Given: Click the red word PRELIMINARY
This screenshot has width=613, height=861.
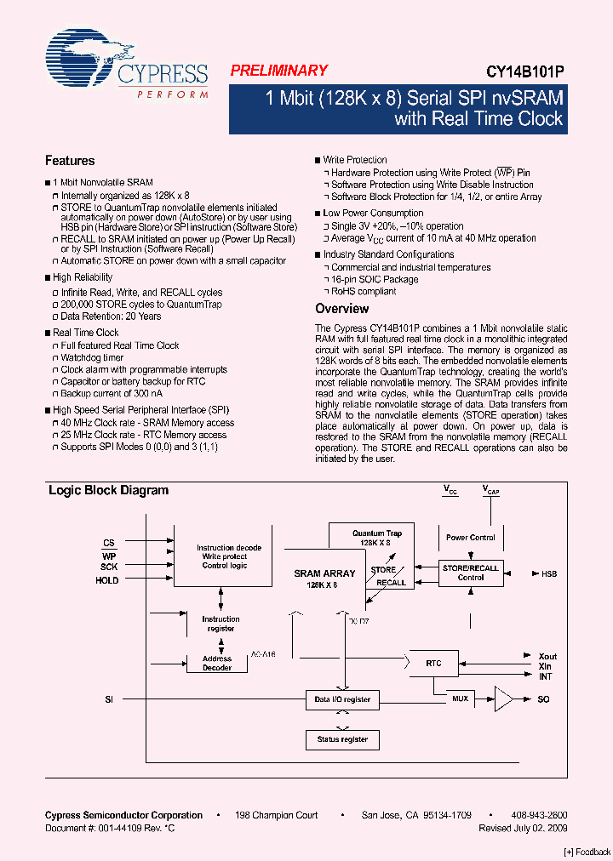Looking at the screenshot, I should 278,71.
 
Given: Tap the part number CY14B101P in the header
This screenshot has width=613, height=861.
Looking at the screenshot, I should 525,72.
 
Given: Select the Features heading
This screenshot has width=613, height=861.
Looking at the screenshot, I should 70,161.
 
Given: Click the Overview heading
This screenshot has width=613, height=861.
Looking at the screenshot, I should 341,309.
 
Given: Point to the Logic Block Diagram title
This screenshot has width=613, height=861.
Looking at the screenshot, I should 108,490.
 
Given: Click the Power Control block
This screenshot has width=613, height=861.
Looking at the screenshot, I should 470,538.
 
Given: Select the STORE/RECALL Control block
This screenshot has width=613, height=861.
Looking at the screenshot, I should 470,573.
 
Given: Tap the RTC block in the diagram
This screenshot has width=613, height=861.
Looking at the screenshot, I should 434,663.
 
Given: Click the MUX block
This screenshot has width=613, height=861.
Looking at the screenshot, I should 460,699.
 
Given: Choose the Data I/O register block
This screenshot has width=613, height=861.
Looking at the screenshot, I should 342,699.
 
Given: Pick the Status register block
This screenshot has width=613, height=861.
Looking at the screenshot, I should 342,739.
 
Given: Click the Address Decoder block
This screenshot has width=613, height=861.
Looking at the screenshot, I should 217,663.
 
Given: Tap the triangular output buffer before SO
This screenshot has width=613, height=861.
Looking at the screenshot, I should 504,699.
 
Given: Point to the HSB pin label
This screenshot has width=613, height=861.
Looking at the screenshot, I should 549,574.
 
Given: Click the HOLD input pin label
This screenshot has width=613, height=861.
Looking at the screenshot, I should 107,580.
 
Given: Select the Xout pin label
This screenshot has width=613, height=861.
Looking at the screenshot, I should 547,656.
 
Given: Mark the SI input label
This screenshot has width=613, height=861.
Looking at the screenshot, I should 109,699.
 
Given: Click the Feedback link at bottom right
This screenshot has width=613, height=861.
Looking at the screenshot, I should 587,852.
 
